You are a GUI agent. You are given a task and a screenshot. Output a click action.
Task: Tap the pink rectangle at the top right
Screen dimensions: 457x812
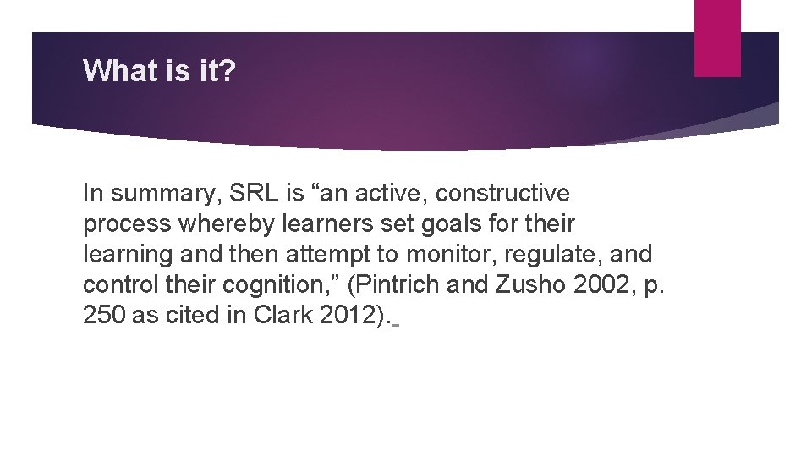coord(717,38)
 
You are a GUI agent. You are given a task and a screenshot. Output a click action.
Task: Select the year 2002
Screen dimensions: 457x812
coord(600,285)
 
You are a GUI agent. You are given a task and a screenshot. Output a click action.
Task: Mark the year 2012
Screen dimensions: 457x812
coord(350,316)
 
